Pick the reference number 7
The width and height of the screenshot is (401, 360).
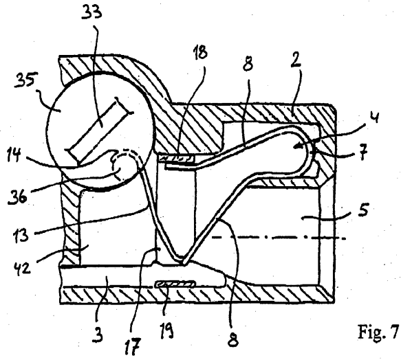363,152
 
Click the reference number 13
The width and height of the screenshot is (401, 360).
21,234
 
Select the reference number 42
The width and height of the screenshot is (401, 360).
21,266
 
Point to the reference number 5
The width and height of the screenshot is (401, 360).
363,210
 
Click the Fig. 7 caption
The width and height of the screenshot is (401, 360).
378,331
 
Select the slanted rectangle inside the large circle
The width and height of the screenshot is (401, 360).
99,131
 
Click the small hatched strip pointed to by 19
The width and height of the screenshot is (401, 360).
175,284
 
